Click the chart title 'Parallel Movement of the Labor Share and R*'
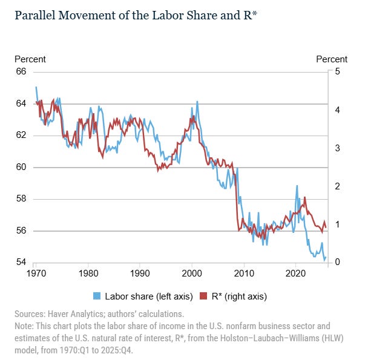click(x=136, y=16)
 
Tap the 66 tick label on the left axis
click(x=21, y=71)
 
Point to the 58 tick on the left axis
click(x=21, y=198)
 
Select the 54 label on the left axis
click(x=21, y=262)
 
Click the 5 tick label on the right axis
click(x=337, y=71)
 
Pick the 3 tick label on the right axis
click(x=337, y=148)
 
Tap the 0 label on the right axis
click(x=337, y=262)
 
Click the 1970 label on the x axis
click(x=36, y=273)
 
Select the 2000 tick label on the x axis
click(x=192, y=273)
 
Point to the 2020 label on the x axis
click(x=295, y=273)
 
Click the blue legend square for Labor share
click(x=97, y=296)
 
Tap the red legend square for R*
click(x=203, y=296)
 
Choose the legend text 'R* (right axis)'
click(x=239, y=296)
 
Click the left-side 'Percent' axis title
click(x=30, y=59)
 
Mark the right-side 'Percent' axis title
click(x=332, y=59)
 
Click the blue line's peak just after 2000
click(x=197, y=102)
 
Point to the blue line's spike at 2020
click(x=297, y=186)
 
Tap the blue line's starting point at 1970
click(x=36, y=87)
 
